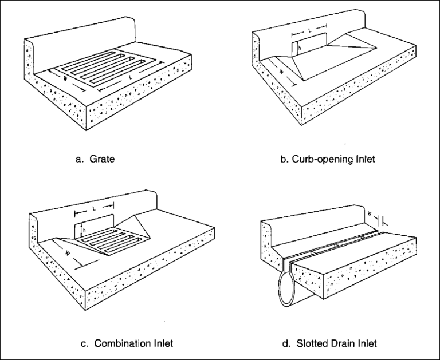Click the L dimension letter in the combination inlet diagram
(94, 205)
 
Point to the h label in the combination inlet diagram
(82, 231)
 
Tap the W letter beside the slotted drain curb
(371, 215)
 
